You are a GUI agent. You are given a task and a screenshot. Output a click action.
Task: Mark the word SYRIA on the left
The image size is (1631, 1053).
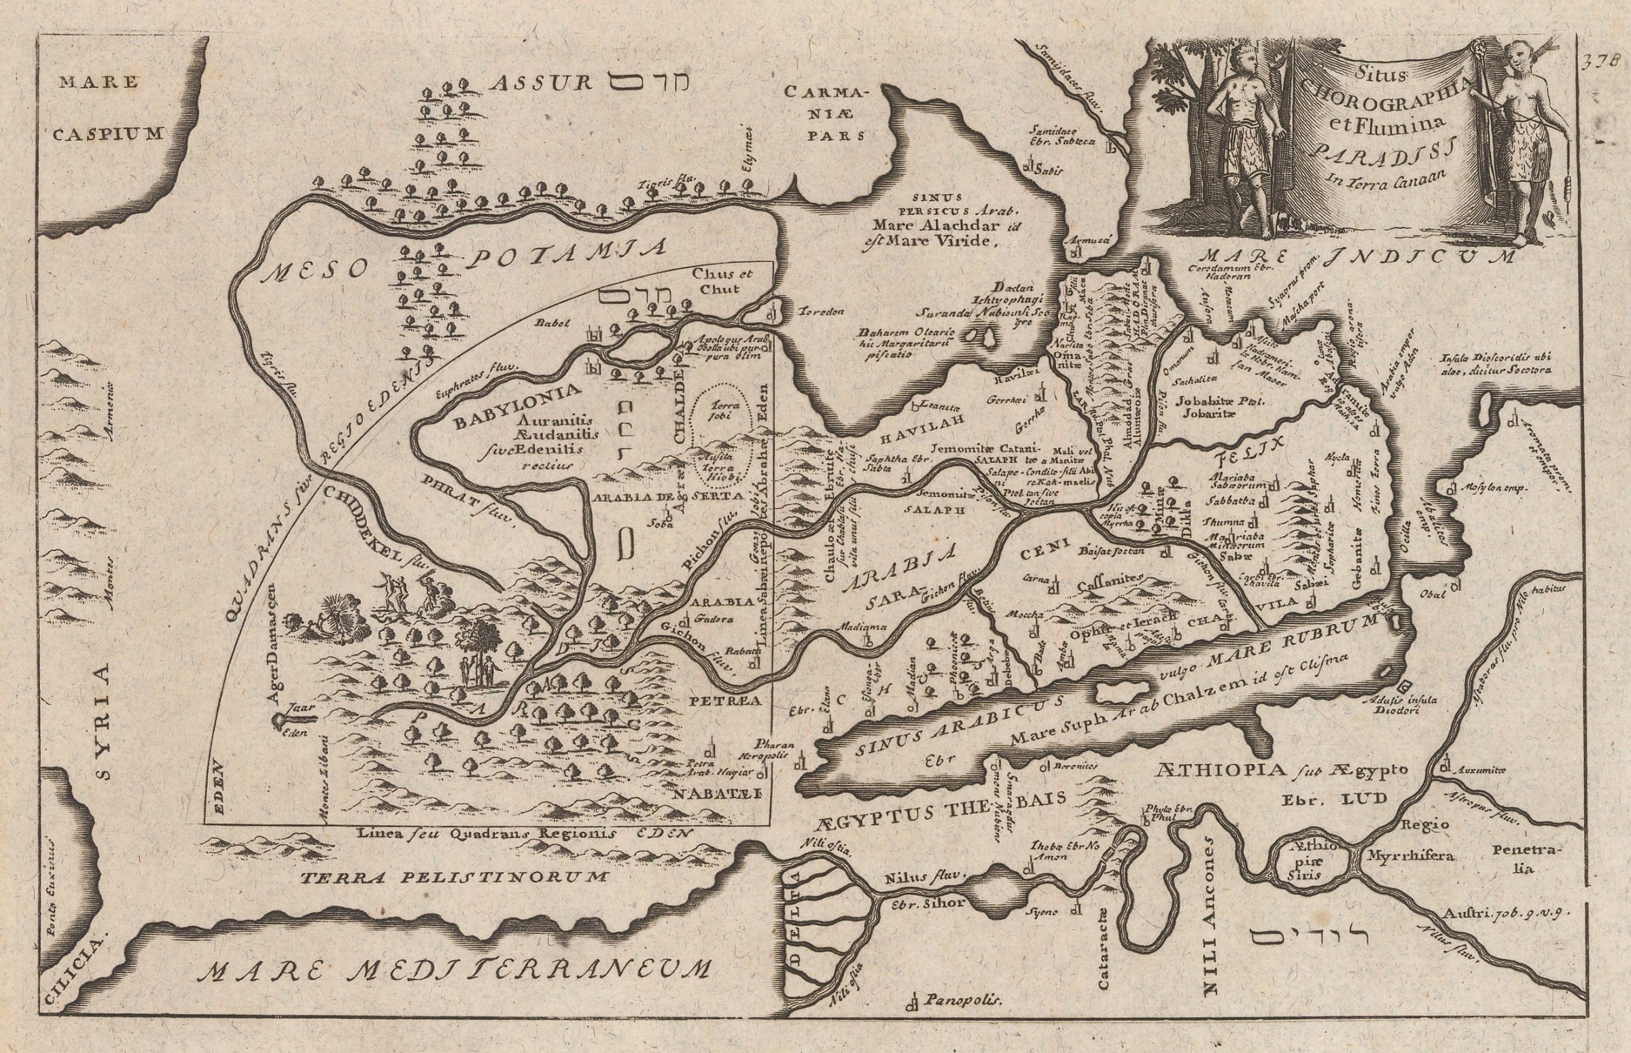pyautogui.click(x=103, y=708)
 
